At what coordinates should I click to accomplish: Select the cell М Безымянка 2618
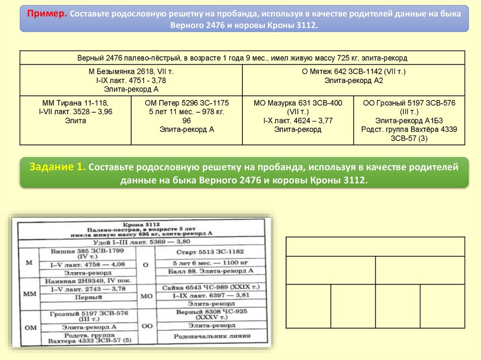131,80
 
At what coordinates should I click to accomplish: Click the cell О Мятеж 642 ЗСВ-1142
354,76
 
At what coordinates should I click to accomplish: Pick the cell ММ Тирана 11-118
76,112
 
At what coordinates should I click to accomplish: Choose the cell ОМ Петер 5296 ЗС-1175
186,116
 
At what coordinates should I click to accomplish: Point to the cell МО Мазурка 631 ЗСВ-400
298,116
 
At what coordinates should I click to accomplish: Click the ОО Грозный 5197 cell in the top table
409,120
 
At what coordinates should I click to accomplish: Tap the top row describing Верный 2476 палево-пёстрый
242,58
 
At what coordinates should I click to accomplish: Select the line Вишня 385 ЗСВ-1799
88,251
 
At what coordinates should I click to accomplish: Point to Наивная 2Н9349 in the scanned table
87,281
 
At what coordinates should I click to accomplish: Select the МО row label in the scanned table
146,296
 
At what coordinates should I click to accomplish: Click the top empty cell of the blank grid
375,246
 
